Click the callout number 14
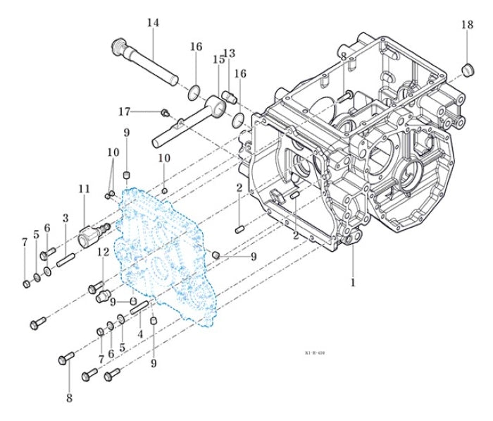(153, 23)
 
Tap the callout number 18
(468, 25)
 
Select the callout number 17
(125, 111)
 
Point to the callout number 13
(229, 54)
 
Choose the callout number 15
(218, 60)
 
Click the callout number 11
(85, 188)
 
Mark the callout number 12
(104, 252)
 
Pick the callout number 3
(65, 217)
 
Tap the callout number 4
(140, 333)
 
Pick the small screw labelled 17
(163, 111)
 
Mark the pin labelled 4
(138, 305)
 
